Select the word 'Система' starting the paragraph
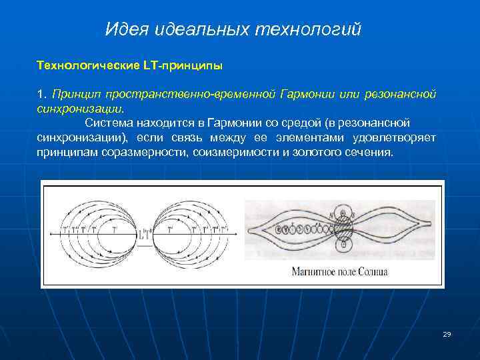109,123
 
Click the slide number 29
447,334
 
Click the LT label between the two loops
147,233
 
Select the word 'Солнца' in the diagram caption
372,272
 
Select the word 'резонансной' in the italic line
399,95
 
